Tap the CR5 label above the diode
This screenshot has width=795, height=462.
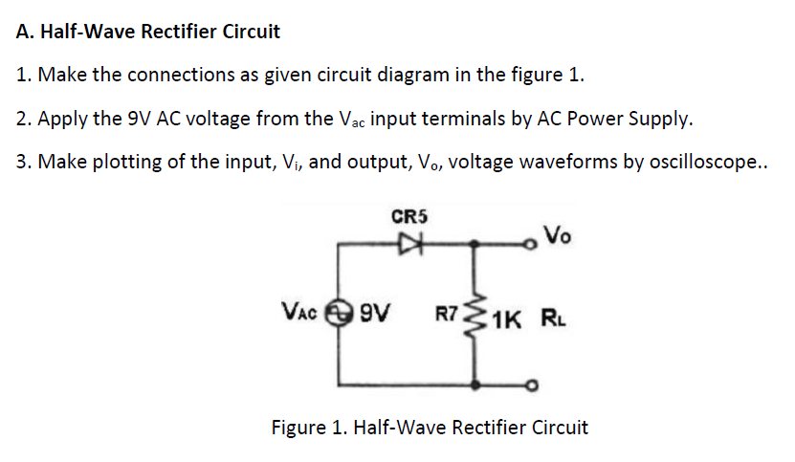pos(409,217)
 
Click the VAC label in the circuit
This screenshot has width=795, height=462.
pos(303,312)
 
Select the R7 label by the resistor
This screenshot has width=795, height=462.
pos(450,314)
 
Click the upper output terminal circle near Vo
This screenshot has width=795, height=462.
pos(533,244)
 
